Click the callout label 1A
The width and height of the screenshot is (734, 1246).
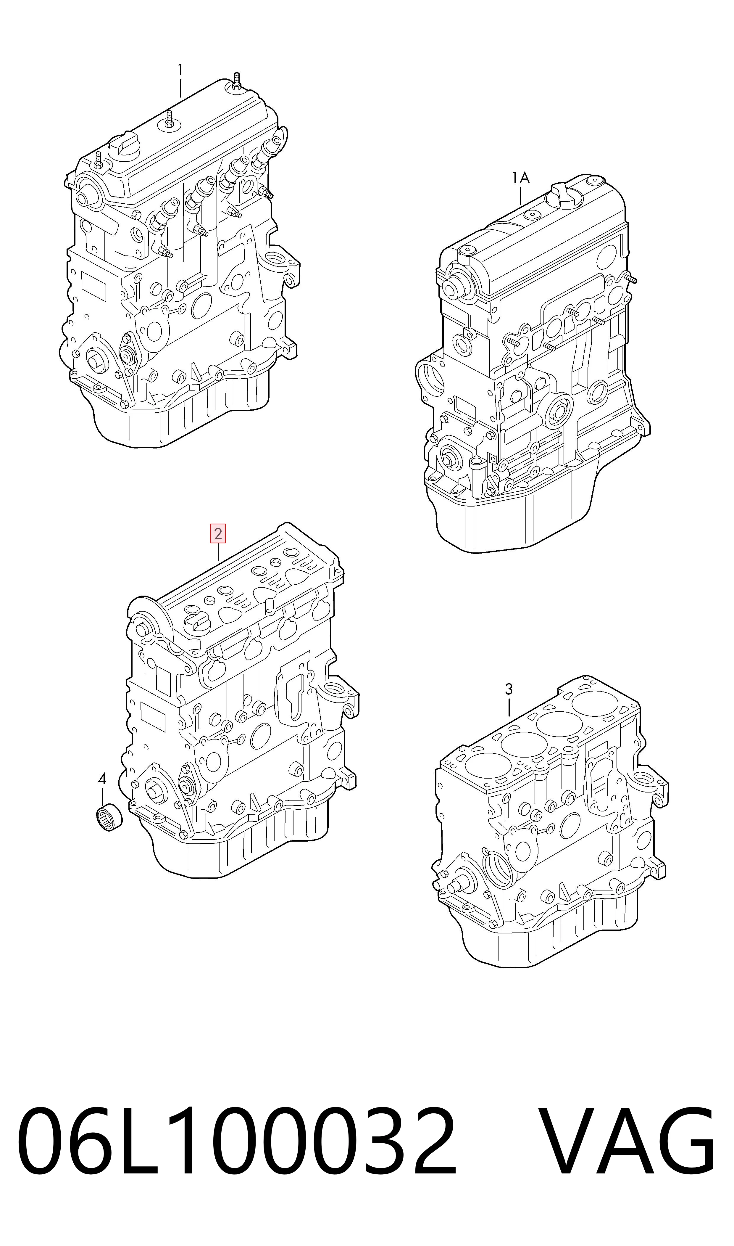pyautogui.click(x=521, y=177)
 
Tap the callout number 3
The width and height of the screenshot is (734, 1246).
pyautogui.click(x=509, y=689)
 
